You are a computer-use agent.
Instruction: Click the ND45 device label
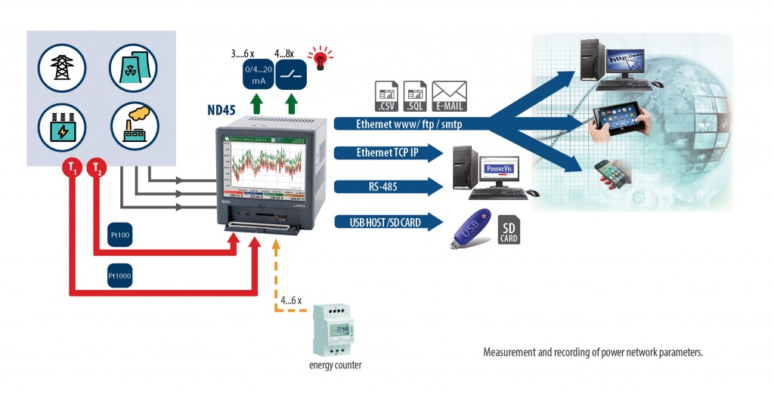tap(221, 109)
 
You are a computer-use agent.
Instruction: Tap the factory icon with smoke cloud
tap(134, 126)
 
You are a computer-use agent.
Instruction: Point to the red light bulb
tap(323, 58)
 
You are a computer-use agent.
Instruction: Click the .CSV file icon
tap(386, 96)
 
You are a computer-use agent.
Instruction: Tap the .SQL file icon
tap(415, 96)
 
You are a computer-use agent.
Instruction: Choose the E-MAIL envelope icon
tap(449, 96)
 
